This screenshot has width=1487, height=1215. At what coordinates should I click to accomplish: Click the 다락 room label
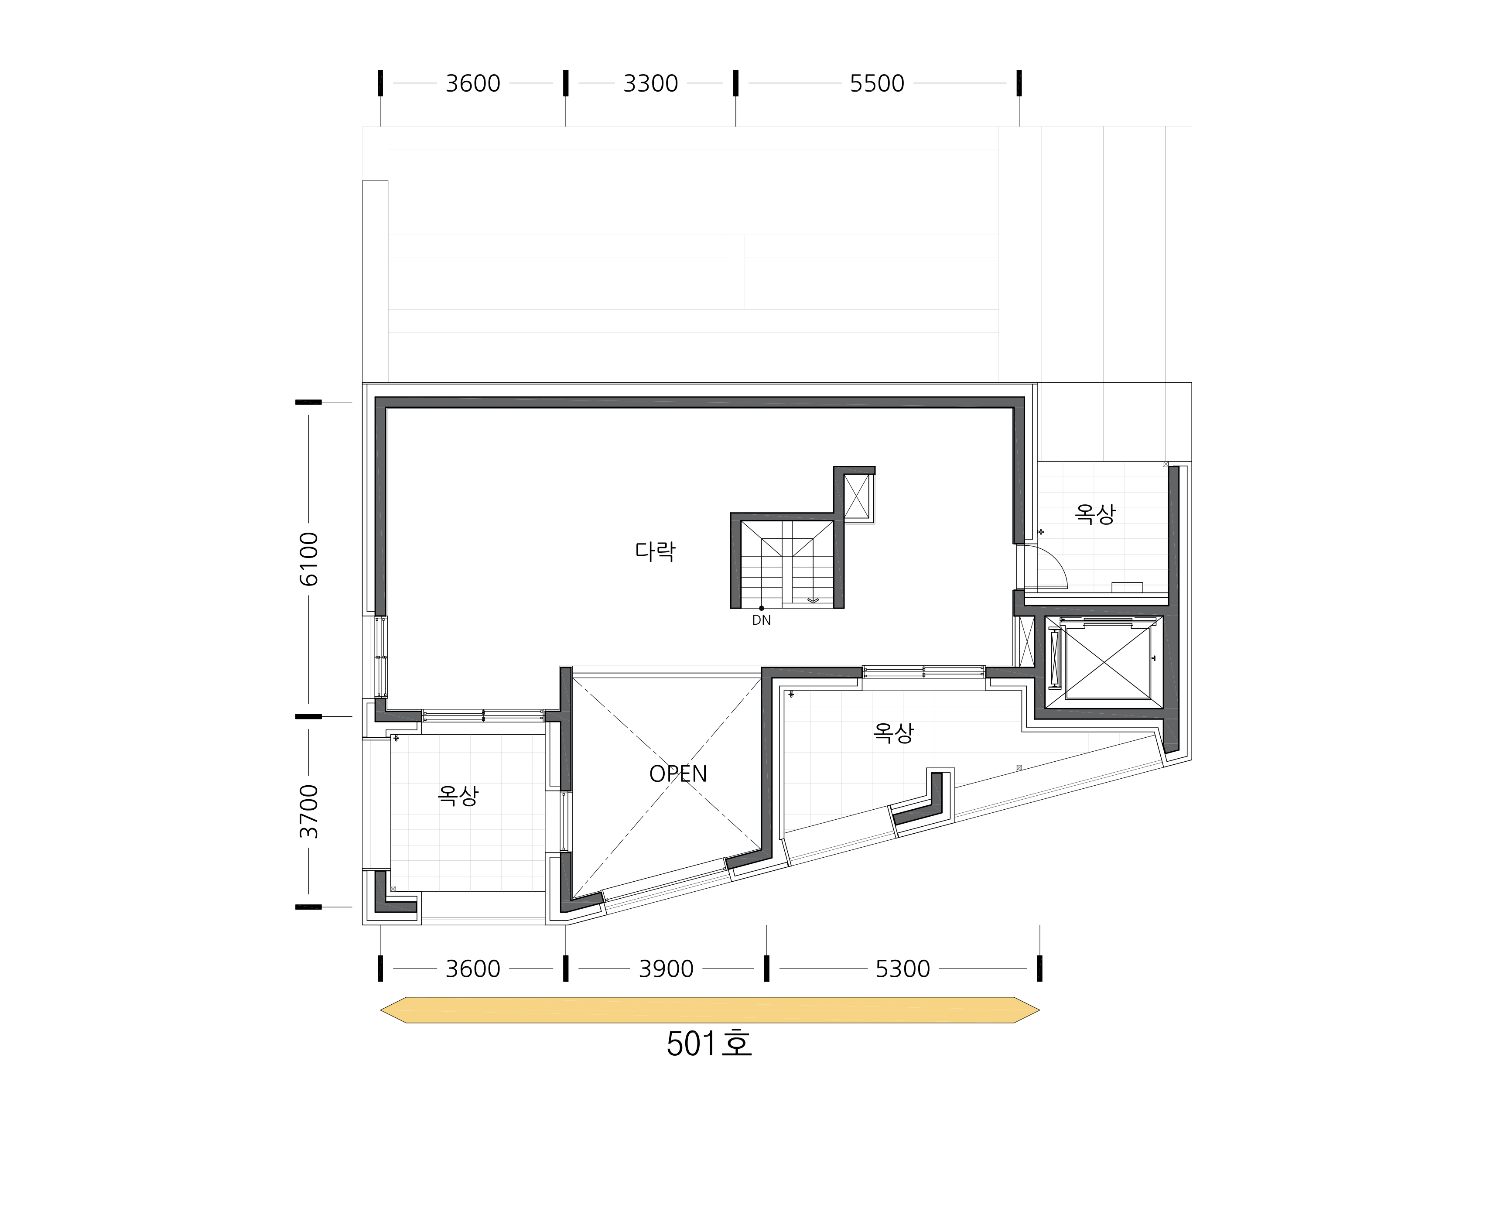click(655, 551)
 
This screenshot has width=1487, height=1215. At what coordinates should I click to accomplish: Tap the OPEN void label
click(678, 774)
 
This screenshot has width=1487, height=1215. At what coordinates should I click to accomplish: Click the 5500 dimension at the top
click(877, 83)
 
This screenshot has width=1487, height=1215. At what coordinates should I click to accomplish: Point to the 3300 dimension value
click(651, 83)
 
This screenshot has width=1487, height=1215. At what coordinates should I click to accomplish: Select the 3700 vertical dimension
click(308, 811)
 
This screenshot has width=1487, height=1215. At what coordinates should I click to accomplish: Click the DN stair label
click(761, 620)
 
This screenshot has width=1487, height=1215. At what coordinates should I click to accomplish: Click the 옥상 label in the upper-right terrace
click(1095, 514)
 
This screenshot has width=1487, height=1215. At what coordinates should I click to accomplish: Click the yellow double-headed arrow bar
click(710, 1010)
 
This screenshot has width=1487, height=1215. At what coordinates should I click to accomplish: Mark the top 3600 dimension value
click(473, 83)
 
